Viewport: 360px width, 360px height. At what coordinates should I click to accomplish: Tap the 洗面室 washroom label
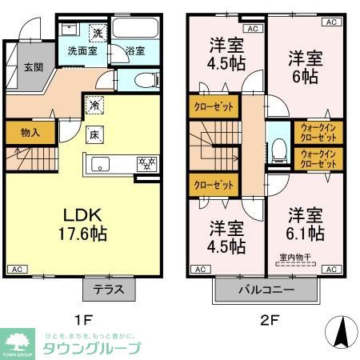(81, 50)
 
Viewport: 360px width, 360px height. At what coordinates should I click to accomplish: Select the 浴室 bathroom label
(135, 51)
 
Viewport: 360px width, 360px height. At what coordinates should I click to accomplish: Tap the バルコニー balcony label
(266, 290)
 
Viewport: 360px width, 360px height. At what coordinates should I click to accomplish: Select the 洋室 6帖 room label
(305, 66)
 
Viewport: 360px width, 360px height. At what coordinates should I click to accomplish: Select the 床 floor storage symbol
(94, 134)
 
